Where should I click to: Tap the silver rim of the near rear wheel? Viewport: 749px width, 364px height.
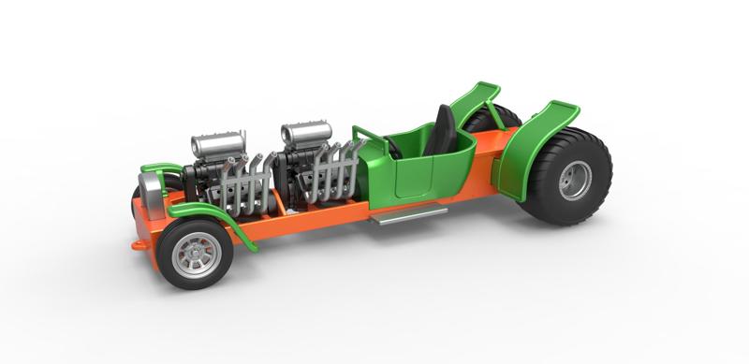[x=575, y=181]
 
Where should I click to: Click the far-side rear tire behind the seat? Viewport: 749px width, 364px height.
[x=506, y=118]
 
